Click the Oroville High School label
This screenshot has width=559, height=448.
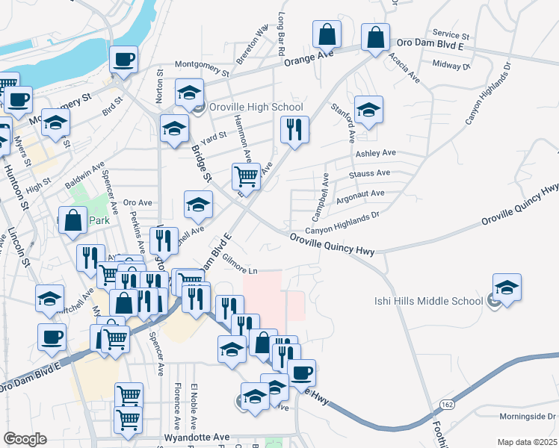coord(256,108)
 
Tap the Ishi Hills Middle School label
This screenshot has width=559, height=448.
coord(427,302)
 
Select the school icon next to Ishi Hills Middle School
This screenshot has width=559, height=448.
coord(507,287)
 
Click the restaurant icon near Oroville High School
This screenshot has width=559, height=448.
coord(294,130)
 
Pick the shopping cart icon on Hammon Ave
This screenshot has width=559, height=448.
coord(246,176)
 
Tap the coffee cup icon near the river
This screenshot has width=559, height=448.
coord(123,59)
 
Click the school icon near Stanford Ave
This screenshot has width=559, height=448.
coord(368,109)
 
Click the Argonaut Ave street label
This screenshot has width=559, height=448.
coord(361,193)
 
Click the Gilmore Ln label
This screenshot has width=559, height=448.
coord(239,270)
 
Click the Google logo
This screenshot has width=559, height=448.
coord(25,439)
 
